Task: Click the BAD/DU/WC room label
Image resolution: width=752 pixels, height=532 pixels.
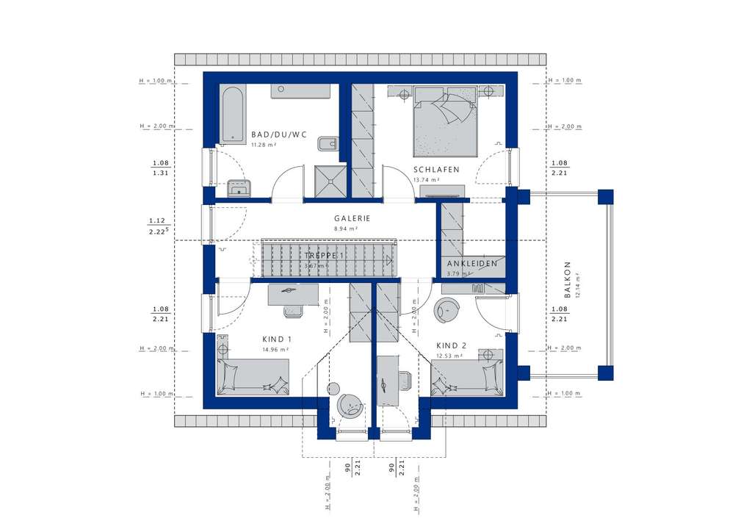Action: tap(278, 134)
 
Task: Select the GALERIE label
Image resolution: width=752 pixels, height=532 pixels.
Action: tap(352, 218)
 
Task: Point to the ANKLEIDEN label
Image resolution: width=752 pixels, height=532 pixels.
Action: tap(472, 263)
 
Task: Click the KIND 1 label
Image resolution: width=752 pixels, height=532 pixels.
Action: tap(277, 339)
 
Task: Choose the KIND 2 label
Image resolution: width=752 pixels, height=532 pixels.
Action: tap(451, 345)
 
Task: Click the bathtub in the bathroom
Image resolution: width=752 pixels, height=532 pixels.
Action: tap(231, 114)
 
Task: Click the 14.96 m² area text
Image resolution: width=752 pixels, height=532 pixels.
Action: tap(275, 350)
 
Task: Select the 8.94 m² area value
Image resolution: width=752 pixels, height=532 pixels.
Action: tap(346, 229)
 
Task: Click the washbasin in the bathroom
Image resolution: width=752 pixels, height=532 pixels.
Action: tap(239, 190)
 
